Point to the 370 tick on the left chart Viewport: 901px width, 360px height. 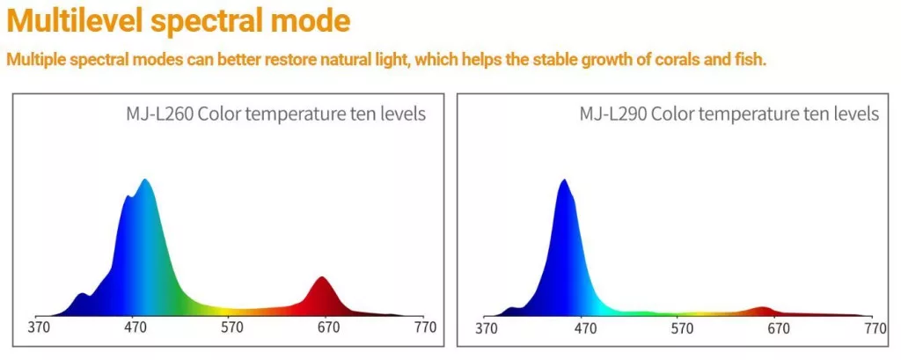coord(38,328)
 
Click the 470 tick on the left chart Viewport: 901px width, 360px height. coord(135,328)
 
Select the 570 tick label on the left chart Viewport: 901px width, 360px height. coord(231,328)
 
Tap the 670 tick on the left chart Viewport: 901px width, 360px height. coord(328,328)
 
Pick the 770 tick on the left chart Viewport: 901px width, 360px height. coord(425,328)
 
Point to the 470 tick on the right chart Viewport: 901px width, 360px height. coord(582,328)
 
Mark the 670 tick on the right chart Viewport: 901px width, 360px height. coord(777,328)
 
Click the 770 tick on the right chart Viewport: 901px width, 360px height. coord(874,328)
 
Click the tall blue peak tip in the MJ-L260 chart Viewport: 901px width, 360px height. coord(145,180)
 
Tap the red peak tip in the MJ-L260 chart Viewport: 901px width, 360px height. coord(323,278)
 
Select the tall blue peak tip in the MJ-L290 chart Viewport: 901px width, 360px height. coord(563,180)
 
